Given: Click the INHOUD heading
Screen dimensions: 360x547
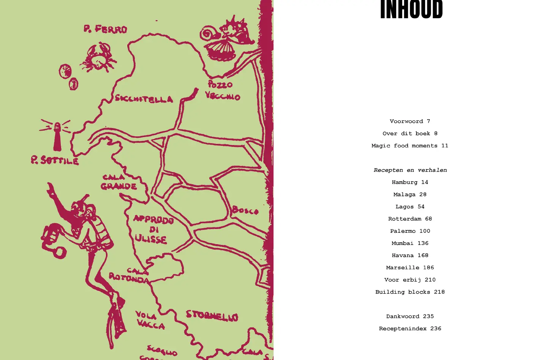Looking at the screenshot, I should pyautogui.click(x=411, y=9).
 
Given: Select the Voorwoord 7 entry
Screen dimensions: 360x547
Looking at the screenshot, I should pyautogui.click(x=410, y=122).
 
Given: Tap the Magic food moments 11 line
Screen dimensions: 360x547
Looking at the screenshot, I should pyautogui.click(x=410, y=146).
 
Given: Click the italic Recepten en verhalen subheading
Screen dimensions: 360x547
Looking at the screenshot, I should pyautogui.click(x=410, y=170).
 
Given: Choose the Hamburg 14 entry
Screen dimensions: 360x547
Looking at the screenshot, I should pyautogui.click(x=410, y=182).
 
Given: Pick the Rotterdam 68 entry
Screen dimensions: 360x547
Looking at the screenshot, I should pyautogui.click(x=410, y=219).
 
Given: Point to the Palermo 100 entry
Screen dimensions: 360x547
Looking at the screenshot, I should pyautogui.click(x=410, y=231).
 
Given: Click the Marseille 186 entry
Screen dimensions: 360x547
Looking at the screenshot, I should pyautogui.click(x=410, y=268).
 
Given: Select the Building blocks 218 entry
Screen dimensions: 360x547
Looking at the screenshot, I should pyautogui.click(x=410, y=292).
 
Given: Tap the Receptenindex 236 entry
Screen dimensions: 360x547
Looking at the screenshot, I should pyautogui.click(x=410, y=328).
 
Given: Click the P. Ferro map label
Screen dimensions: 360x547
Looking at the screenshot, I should pyautogui.click(x=105, y=29).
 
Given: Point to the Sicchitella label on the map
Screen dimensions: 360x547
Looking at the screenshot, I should pyautogui.click(x=144, y=99).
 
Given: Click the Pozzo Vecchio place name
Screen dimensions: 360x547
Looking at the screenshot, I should pyautogui.click(x=223, y=90).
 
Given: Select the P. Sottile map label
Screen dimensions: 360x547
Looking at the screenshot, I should pyautogui.click(x=55, y=160).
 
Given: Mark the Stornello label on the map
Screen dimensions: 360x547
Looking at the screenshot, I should pyautogui.click(x=212, y=316).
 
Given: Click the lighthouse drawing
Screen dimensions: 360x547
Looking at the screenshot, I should pyautogui.click(x=57, y=135).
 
